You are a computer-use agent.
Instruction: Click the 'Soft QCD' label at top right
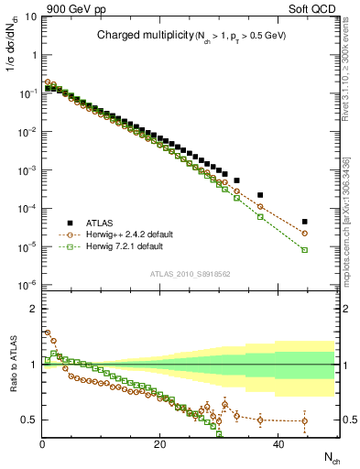(311, 7)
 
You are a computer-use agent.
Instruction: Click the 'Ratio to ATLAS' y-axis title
(12, 366)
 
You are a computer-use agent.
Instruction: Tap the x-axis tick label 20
(159, 444)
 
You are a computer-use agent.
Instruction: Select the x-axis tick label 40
(276, 444)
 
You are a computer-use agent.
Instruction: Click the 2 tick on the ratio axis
(34, 308)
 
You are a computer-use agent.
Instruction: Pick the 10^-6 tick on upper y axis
(27, 285)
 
